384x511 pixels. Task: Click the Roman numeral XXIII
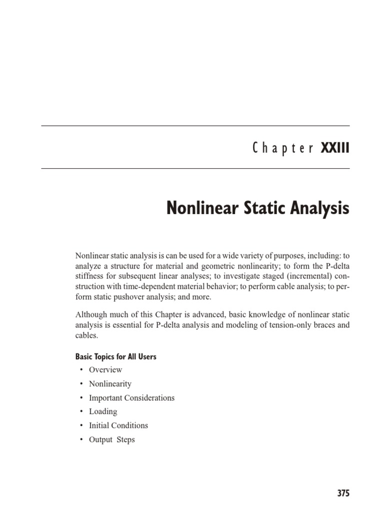(335, 148)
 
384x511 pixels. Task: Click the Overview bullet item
(105, 370)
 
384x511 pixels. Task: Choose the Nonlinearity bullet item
(110, 384)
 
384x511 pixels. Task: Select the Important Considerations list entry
(131, 398)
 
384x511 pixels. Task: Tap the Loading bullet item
(103, 412)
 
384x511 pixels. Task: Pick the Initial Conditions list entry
(118, 426)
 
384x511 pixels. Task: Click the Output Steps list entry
(112, 440)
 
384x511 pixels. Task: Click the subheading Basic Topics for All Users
(115, 357)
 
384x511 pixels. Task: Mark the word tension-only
(279, 325)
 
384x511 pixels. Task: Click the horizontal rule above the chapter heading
(195, 126)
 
